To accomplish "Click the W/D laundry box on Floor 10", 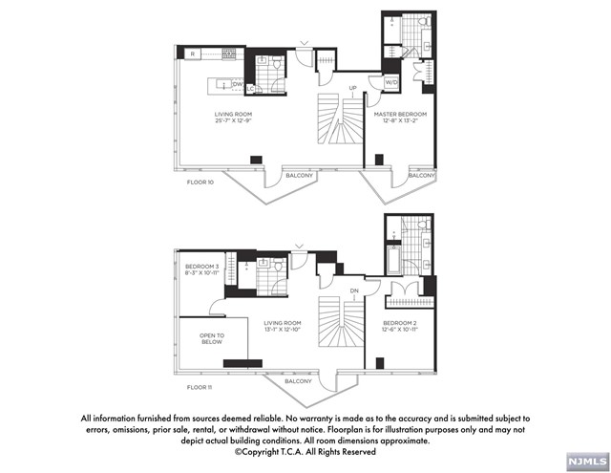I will coord(391,82).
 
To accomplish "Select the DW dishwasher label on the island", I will coord(238,84).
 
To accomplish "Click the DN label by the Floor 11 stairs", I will coord(353,290).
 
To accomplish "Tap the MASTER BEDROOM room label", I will coord(400,114).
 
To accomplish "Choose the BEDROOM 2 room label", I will coord(401,324).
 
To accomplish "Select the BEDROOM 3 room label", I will coord(202,266).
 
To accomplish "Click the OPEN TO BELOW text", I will coord(212,338).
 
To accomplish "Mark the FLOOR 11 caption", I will coord(200,386).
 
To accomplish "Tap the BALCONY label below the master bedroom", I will coord(421,175).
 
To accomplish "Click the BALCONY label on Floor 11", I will coord(298,381).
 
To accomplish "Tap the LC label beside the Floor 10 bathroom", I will coord(249,88).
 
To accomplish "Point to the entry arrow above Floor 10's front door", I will coord(305,42).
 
